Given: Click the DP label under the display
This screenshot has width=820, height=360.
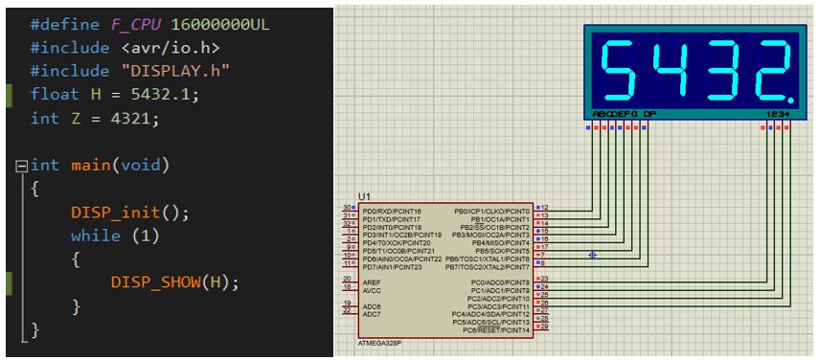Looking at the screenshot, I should pos(649,114).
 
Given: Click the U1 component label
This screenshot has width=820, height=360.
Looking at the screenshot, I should pos(364,196).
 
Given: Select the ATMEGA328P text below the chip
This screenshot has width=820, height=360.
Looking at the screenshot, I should pos(379,342).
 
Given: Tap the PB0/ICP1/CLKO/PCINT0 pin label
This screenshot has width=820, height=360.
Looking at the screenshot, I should pos(491,210).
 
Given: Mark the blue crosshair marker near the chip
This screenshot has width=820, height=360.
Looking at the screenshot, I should pos(592,255).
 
